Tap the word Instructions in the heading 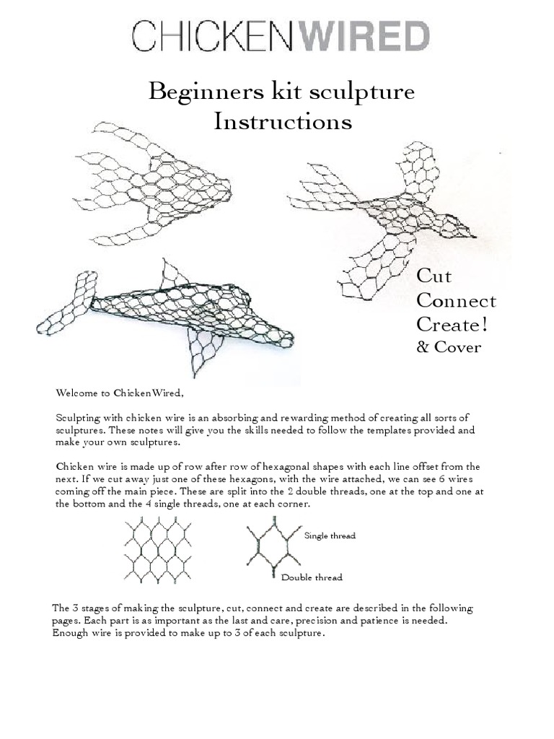[283, 122]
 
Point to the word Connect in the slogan [456, 301]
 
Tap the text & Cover [449, 347]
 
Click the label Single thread [330, 535]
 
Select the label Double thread [312, 577]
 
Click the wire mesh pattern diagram [157, 549]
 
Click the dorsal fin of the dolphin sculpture [173, 276]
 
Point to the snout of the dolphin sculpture [281, 337]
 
